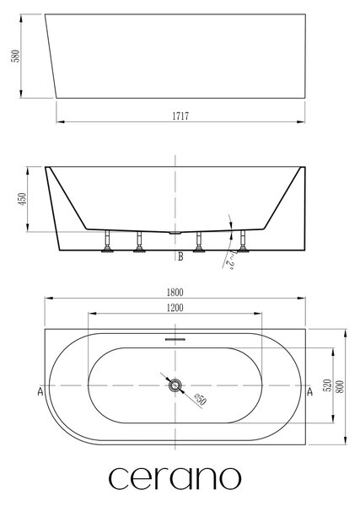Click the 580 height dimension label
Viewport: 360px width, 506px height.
click(x=15, y=57)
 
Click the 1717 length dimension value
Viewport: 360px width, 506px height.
click(x=180, y=116)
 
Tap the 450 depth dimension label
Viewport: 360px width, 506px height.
click(x=22, y=199)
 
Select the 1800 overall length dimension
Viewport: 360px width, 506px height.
click(x=175, y=293)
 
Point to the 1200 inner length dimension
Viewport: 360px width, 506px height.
click(x=175, y=308)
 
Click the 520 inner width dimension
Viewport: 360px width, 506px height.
click(x=327, y=385)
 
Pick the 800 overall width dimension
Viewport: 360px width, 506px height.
click(x=340, y=386)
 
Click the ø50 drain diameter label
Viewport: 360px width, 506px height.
click(x=200, y=400)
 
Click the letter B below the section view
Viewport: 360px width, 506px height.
click(x=180, y=256)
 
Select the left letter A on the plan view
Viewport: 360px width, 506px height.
click(x=40, y=391)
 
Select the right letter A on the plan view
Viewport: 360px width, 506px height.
click(x=309, y=391)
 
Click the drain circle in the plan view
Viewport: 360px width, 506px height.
click(x=175, y=385)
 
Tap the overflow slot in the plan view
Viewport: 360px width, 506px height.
click(x=175, y=339)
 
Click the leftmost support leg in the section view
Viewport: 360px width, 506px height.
click(x=107, y=240)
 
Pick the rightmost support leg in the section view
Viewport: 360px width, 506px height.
click(x=243, y=240)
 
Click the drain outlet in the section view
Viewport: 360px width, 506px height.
click(x=175, y=232)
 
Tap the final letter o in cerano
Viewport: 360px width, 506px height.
click(x=230, y=477)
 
